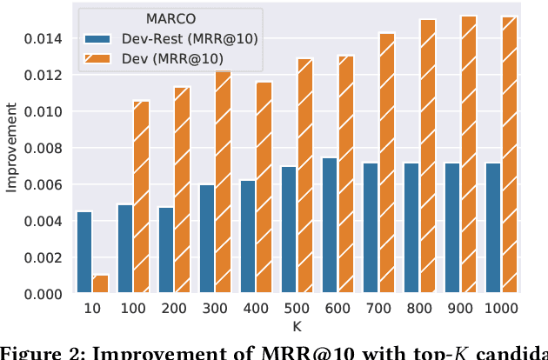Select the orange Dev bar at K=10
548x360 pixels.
click(x=101, y=284)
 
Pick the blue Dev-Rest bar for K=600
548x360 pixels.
click(x=330, y=226)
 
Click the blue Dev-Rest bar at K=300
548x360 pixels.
click(x=207, y=239)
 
